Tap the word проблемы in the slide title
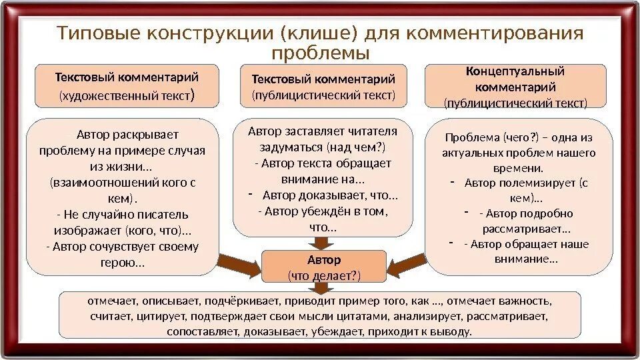pos(321,52)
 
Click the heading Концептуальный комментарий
pos(515,79)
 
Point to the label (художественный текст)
pos(127,95)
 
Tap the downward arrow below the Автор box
pos(323,286)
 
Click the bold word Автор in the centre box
pos(324,259)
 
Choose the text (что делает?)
pos(324,275)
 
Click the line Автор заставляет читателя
pos(322,131)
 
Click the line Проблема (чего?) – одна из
pos(519,137)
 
